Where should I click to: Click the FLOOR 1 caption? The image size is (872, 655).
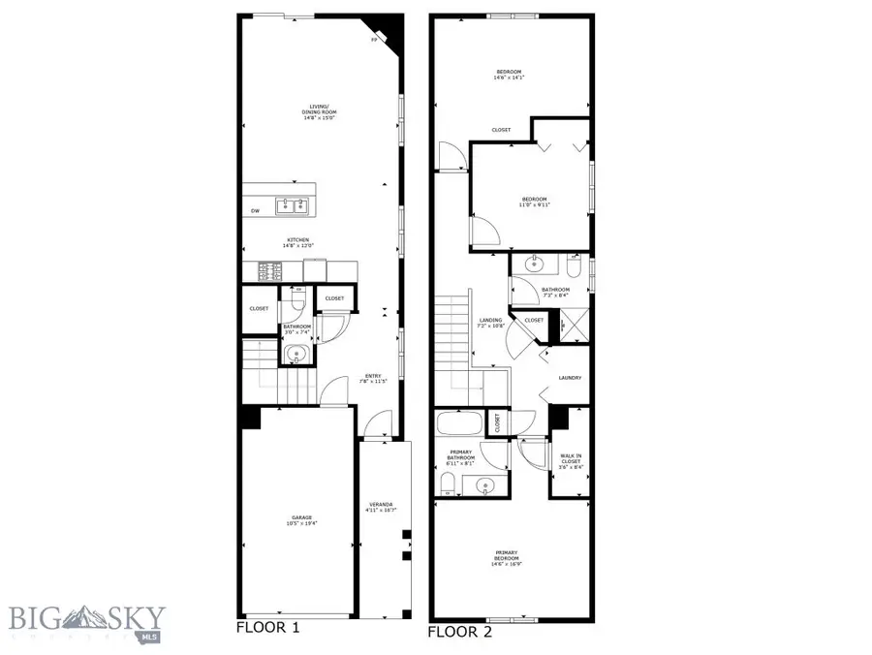[268, 627]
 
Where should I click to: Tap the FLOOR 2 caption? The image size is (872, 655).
[460, 632]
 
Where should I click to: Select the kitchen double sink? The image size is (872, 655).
[292, 205]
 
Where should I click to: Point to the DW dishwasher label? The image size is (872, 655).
[255, 210]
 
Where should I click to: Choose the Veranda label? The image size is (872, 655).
[381, 507]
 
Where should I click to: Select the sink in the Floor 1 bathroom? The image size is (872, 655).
[296, 355]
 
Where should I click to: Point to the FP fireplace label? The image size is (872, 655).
[375, 42]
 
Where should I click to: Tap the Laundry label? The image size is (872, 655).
[570, 378]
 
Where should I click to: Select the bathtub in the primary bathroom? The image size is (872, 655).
[459, 423]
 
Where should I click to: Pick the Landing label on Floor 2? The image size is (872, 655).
[490, 323]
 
